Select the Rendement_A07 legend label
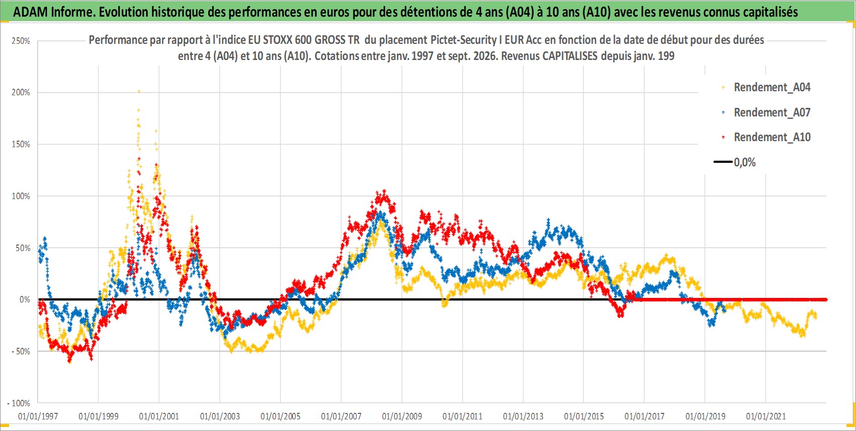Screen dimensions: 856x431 tap(772, 113)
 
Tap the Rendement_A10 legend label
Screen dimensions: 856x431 tap(772, 137)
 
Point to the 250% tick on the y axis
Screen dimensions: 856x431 tap(21, 41)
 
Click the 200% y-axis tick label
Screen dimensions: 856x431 tap(21, 92)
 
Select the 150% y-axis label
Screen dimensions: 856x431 tap(21, 145)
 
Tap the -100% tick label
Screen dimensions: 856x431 tap(18, 403)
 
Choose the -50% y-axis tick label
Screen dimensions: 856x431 tap(20, 351)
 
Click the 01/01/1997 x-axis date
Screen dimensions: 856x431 tap(38, 416)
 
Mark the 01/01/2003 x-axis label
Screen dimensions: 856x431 tap(220, 416)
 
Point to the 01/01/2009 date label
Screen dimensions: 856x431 tap(402, 416)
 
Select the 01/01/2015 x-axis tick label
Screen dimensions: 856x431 tap(584, 416)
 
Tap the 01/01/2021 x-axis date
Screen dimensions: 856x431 tap(766, 416)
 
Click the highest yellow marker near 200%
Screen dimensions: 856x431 tap(139, 91)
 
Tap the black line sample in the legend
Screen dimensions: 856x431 tap(723, 162)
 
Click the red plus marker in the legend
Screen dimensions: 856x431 tap(723, 137)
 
